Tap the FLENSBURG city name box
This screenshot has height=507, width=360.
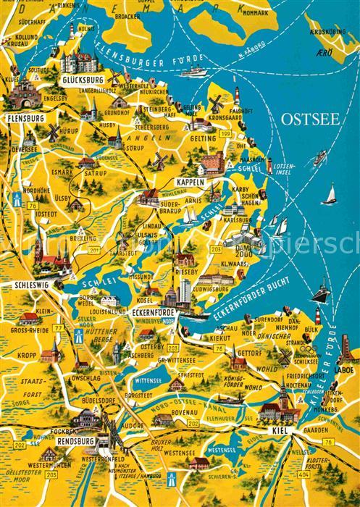pos(24,117)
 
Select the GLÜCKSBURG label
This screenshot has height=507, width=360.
pos(82,80)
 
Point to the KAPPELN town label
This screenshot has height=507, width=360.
pos(188,183)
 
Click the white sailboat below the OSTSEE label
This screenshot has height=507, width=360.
pos(331,194)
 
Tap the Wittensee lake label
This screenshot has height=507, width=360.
pos(148,379)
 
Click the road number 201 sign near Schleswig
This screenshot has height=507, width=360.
pos(94,251)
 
